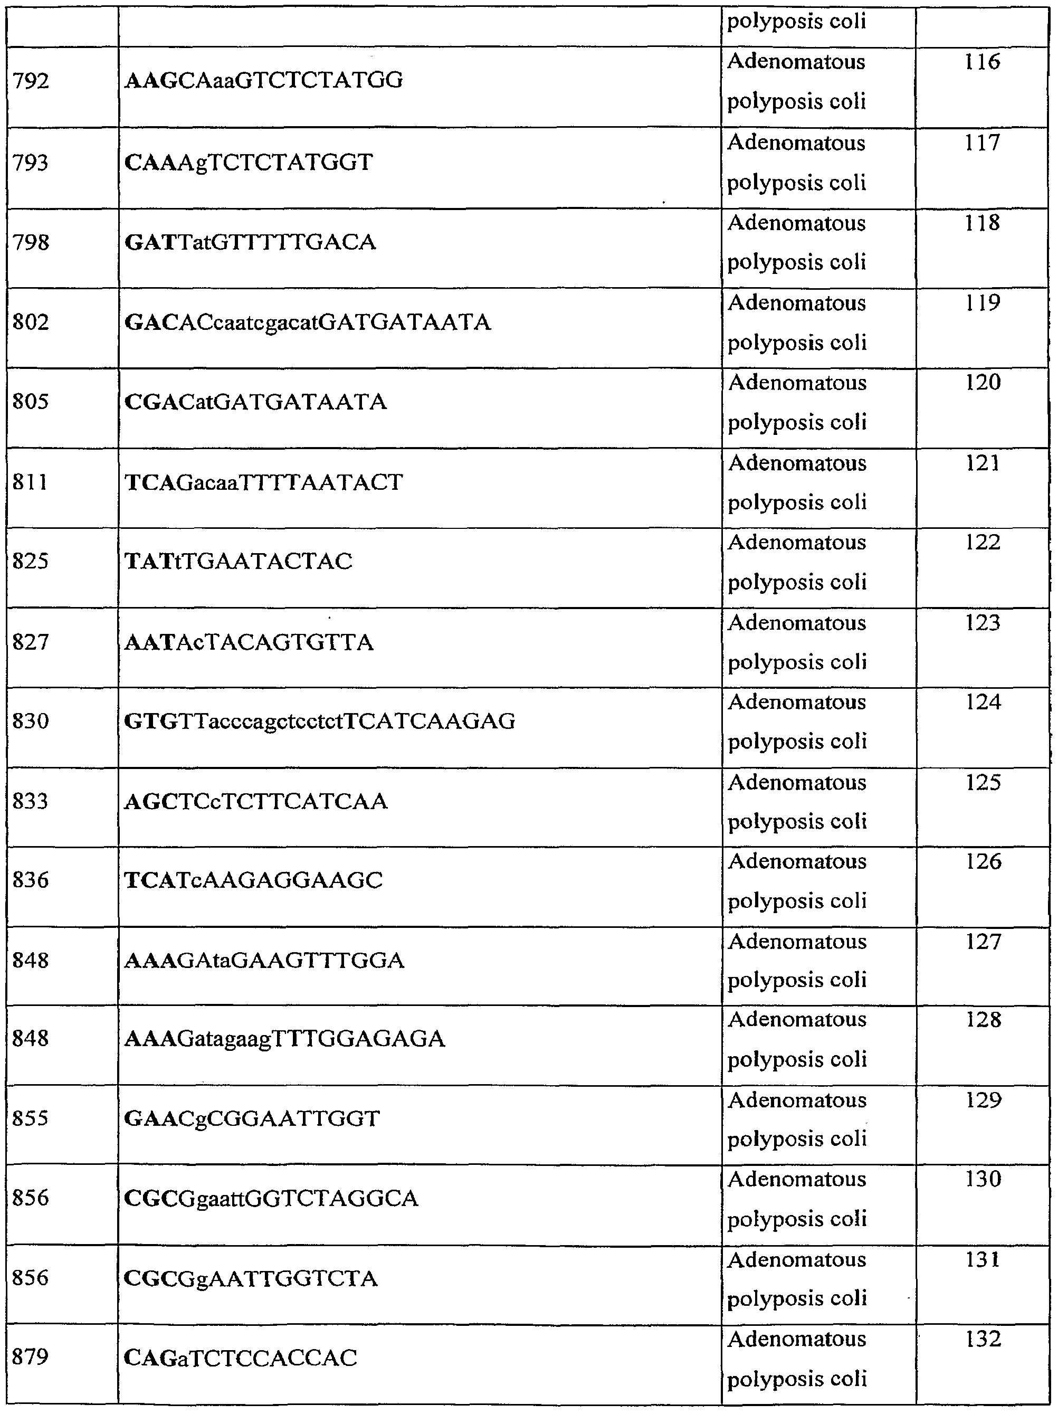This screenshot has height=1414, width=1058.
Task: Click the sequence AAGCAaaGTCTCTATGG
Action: click(263, 81)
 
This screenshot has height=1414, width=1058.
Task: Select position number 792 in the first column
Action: click(31, 81)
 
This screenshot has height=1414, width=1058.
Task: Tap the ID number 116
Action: click(982, 62)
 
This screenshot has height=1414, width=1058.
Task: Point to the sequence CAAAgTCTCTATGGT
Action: click(248, 163)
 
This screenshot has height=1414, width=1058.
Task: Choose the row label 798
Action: click(31, 242)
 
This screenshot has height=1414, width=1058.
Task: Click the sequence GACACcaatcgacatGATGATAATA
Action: click(308, 322)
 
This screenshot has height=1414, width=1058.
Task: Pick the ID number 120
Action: click(982, 382)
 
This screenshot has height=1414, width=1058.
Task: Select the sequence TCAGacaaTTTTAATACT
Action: click(263, 482)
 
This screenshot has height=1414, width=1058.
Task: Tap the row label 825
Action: click(31, 561)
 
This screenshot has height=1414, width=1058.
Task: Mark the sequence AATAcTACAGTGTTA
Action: click(249, 642)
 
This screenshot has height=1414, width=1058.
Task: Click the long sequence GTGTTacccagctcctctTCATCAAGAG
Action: click(320, 721)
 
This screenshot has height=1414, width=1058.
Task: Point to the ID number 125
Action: click(982, 782)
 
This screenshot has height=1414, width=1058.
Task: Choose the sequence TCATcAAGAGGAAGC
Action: click(253, 880)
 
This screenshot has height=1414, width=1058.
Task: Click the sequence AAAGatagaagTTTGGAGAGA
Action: click(284, 1039)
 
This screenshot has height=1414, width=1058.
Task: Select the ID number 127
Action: click(982, 942)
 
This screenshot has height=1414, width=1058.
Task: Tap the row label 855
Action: click(31, 1118)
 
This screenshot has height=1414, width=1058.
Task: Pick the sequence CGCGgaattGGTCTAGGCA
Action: click(271, 1198)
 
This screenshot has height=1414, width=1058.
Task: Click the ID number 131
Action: click(982, 1259)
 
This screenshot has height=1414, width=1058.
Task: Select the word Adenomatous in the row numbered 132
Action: click(797, 1339)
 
